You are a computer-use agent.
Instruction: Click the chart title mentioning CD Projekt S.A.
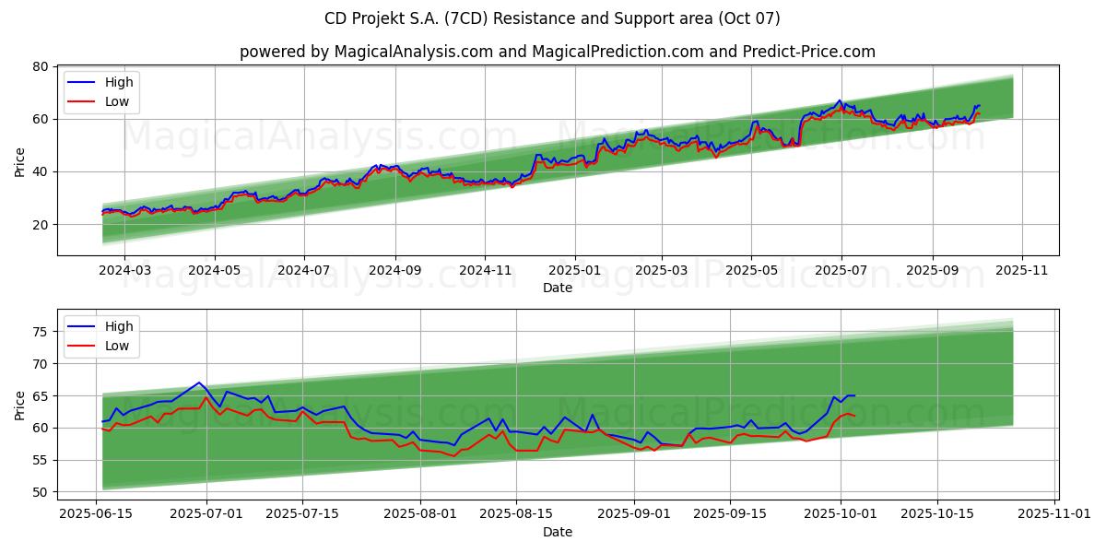552,18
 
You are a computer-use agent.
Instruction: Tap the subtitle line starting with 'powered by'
557,52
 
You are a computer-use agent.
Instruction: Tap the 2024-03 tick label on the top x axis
124,271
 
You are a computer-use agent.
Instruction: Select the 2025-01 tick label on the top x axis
574,271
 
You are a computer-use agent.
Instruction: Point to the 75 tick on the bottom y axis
40,332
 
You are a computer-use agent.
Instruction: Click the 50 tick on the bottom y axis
40,492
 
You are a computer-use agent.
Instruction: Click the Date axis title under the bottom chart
557,532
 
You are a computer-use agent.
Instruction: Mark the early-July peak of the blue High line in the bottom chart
199,382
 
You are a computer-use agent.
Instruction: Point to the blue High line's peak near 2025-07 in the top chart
839,100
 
